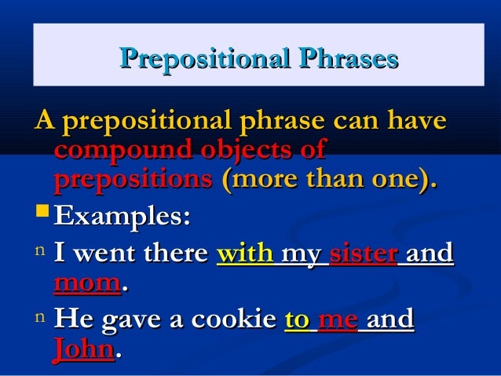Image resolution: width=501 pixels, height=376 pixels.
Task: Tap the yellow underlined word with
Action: [x=243, y=254]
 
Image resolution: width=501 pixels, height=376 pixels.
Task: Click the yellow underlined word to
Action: [x=297, y=320]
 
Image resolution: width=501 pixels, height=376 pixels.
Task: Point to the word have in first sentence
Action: [x=415, y=122]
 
